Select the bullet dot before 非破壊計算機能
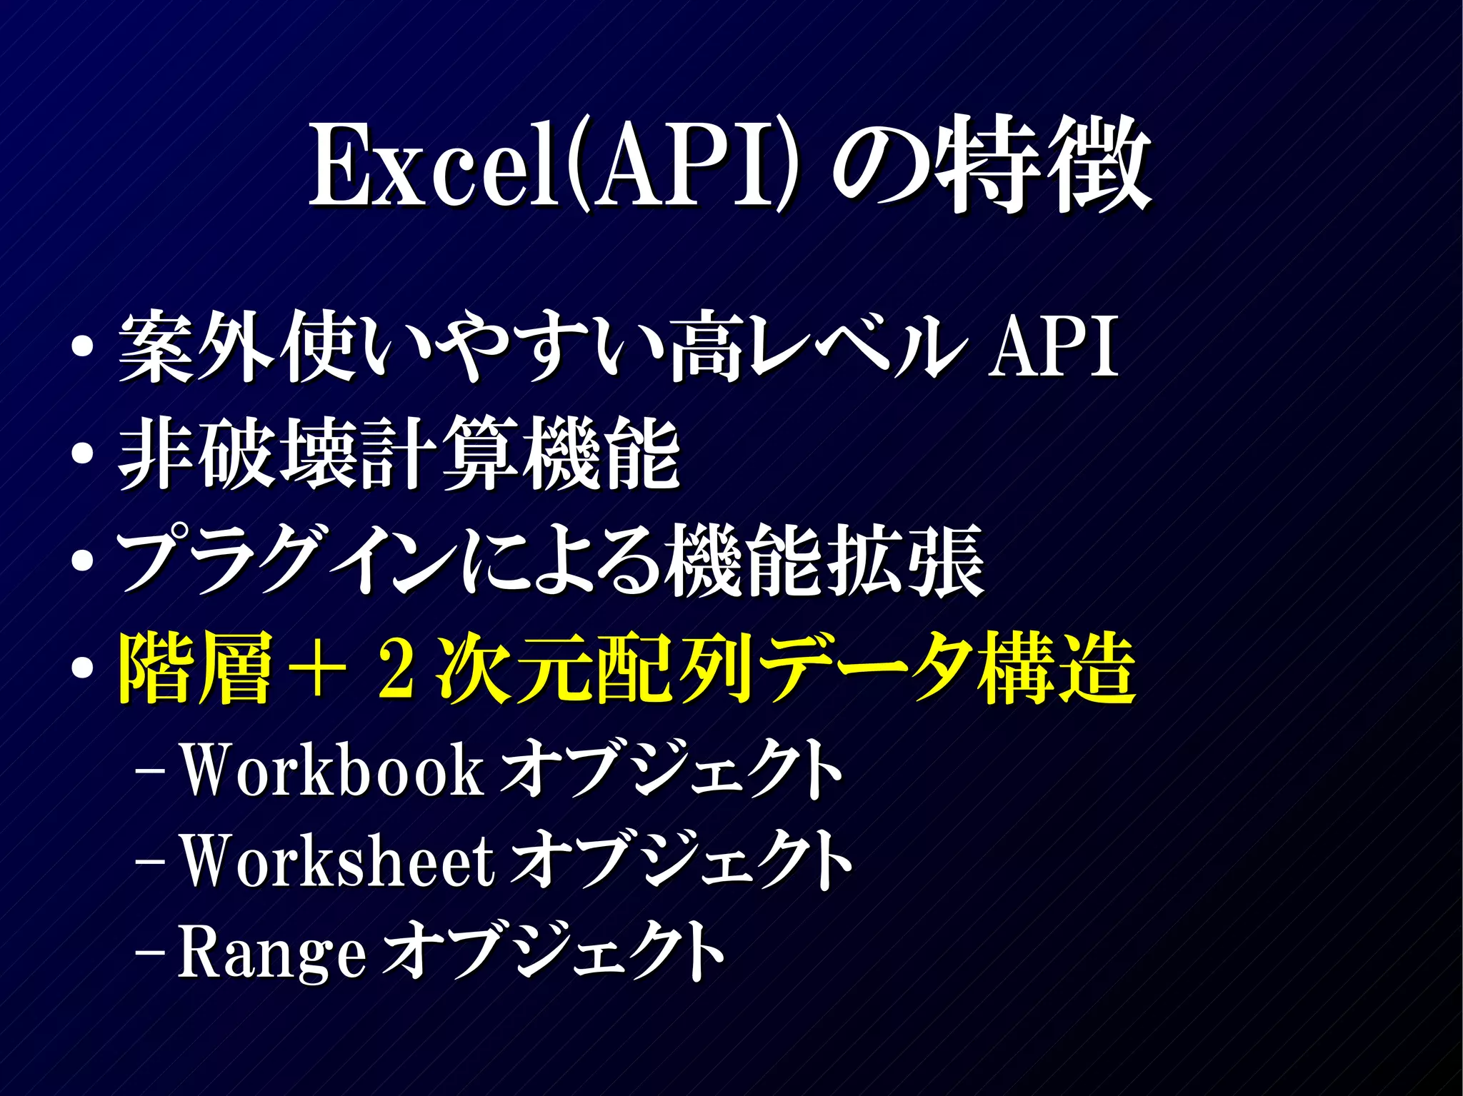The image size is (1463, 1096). click(83, 455)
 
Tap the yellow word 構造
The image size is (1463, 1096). click(1057, 668)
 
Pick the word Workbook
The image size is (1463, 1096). click(332, 770)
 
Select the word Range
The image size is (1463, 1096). click(271, 951)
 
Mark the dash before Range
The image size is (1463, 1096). click(151, 952)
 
